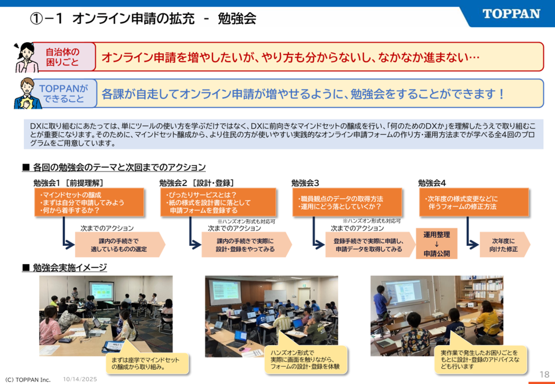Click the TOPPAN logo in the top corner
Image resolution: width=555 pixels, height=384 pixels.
coord(511,14)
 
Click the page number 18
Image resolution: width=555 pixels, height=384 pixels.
coord(544,374)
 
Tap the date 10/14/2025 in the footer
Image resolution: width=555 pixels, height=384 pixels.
coord(80,379)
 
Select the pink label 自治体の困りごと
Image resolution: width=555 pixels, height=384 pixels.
coord(63,57)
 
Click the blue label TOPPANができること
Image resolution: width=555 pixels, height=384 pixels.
coord(64,93)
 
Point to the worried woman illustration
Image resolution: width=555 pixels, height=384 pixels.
coord(26,57)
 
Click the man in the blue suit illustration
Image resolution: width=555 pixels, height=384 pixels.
coord(26,93)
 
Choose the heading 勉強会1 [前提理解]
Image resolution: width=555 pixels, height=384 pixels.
coord(68,183)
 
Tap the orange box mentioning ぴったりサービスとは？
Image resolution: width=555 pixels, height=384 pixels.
coord(218,202)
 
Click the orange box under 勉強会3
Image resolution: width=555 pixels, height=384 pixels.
coord(347,202)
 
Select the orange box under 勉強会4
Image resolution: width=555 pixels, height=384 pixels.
coord(473,202)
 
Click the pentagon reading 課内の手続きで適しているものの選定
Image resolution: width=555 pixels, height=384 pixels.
coord(120,245)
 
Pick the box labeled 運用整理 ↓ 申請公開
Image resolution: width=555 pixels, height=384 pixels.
coord(436,244)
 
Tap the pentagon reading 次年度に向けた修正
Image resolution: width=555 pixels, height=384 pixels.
coord(504,245)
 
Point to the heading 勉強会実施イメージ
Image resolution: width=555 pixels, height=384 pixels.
coord(64,267)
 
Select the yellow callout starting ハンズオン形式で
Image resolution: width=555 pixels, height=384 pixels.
coord(305,359)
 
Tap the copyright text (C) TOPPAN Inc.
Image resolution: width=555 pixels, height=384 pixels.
coord(28,380)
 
